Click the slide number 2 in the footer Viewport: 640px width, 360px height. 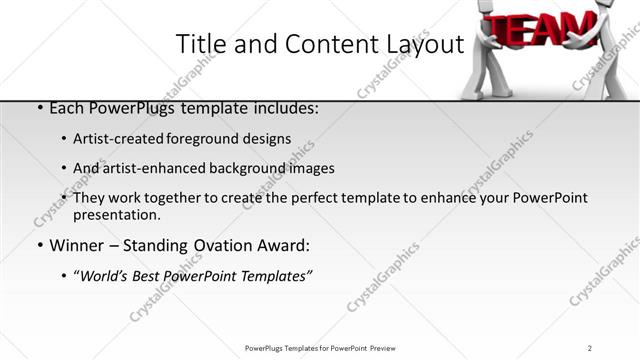coord(589,347)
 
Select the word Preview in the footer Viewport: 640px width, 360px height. coord(389,347)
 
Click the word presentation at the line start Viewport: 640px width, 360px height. coord(116,214)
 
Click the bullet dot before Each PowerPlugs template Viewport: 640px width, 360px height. coord(38,108)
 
